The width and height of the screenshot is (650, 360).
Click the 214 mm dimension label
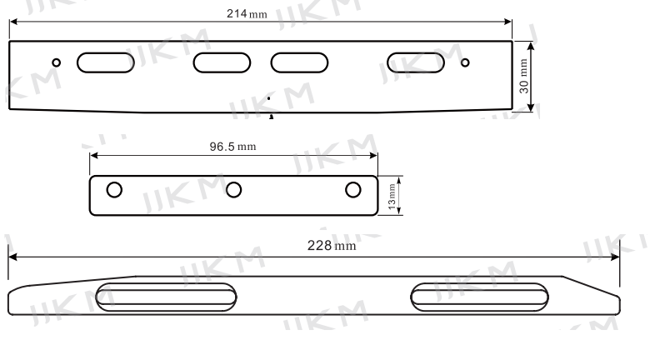click(247, 13)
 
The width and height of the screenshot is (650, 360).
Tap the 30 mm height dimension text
click(524, 77)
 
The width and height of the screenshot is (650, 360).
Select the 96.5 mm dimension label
click(232, 147)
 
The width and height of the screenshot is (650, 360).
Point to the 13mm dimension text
click(392, 197)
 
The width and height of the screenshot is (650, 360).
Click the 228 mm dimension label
click(332, 246)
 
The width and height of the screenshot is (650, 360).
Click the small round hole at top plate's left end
click(57, 62)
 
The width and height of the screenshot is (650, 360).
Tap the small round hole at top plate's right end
click(465, 62)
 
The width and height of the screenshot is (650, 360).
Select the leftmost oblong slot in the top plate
click(106, 62)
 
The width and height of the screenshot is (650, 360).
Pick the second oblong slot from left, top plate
click(222, 62)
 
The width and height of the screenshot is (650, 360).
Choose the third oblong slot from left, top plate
click(299, 62)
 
